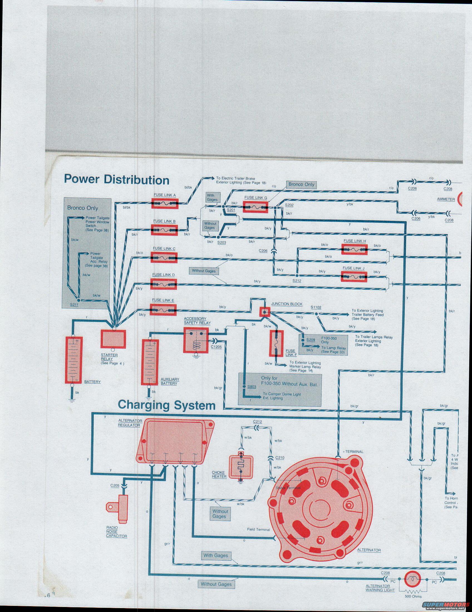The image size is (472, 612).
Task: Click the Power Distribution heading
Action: [117, 180]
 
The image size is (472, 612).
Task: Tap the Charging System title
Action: [166, 405]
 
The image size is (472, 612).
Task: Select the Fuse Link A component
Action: [165, 203]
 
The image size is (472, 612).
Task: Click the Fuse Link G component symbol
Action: [255, 208]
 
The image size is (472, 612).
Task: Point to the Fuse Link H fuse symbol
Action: [354, 249]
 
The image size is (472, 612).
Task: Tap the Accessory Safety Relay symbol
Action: [196, 340]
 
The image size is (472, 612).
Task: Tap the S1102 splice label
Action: [316, 307]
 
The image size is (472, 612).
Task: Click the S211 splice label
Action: [74, 305]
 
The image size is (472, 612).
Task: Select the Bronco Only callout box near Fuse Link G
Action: [301, 185]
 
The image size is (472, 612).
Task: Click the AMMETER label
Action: [446, 199]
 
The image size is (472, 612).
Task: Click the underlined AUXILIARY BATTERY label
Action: [170, 381]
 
